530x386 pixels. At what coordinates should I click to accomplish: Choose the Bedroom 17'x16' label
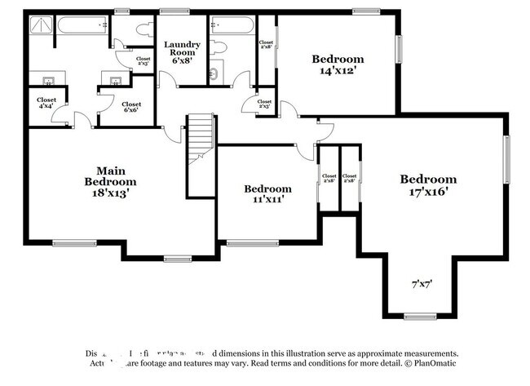click(x=427, y=185)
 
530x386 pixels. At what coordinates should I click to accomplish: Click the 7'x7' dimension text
click(x=421, y=284)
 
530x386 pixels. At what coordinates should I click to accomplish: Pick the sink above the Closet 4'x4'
click(x=47, y=80)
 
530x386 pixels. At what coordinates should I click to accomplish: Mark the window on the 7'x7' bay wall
click(x=421, y=316)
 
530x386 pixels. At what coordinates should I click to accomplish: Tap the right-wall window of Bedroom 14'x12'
click(x=400, y=50)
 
